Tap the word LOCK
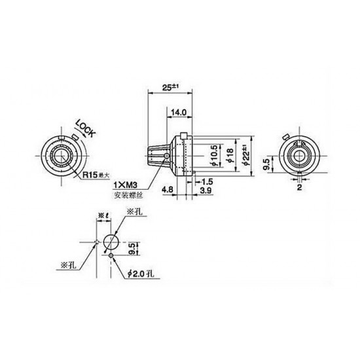pos(86,128)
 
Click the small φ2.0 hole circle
pos(112,256)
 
